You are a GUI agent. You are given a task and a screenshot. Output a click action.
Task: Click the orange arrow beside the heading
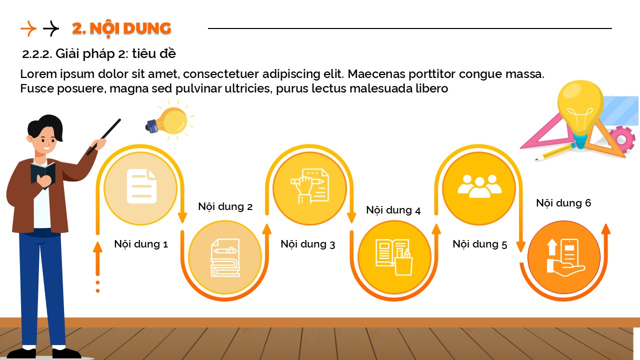tap(28, 28)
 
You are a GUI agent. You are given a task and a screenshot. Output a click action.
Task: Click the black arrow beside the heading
tap(51, 28)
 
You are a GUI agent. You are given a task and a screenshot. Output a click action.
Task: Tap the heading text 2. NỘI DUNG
tap(121, 29)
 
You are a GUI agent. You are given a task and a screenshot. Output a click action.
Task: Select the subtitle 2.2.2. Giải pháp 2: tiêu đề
tap(99, 53)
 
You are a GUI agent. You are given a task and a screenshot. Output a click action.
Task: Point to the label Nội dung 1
tap(141, 244)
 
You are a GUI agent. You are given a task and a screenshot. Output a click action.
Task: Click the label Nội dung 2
tap(225, 206)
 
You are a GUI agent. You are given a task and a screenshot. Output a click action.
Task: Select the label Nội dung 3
tap(307, 244)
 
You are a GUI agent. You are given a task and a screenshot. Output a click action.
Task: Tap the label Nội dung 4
tap(393, 210)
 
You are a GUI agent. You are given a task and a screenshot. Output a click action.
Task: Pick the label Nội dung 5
tap(480, 244)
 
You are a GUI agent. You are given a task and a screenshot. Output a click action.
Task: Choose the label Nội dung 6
tap(563, 203)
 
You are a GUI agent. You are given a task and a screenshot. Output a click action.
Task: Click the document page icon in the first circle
tap(141, 186)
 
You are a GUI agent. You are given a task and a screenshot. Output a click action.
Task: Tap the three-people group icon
tap(479, 186)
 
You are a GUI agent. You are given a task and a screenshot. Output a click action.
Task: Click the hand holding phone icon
tap(565, 257)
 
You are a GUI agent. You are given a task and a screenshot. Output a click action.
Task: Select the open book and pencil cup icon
tap(394, 257)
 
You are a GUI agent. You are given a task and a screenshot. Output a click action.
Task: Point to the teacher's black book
tap(43, 174)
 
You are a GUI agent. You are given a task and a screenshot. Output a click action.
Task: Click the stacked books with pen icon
tap(225, 257)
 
